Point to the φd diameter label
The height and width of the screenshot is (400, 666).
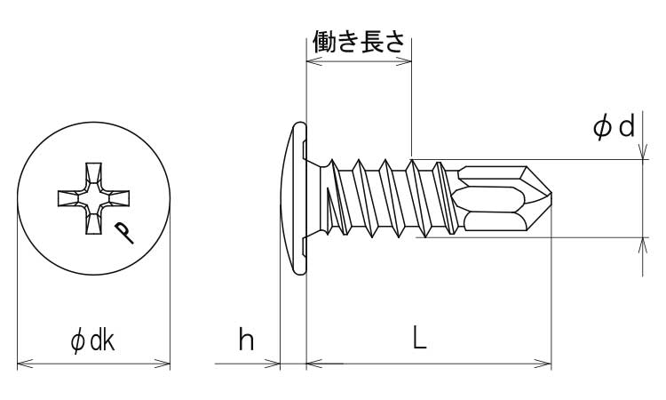614,127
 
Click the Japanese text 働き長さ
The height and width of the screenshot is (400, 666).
359,42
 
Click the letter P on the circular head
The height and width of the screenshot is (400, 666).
126,233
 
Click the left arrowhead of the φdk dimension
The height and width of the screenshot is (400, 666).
22,363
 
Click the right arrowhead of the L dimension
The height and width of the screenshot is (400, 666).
546,363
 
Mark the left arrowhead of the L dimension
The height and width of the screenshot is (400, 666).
312,363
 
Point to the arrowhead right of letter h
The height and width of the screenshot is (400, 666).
275,363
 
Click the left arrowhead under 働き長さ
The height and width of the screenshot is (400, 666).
311,62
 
